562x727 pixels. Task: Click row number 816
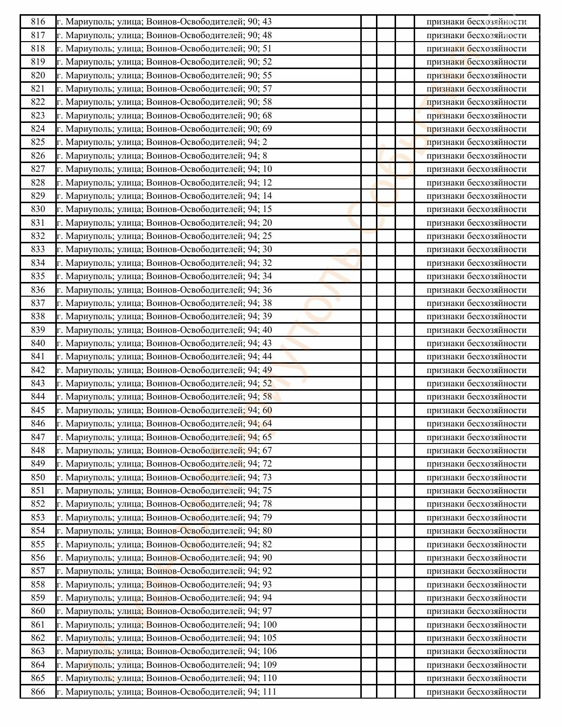tap(38, 22)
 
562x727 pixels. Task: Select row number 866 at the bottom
tap(38, 691)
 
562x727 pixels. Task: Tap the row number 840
tap(38, 343)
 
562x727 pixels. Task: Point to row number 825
tap(38, 142)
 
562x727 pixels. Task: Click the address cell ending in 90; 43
tap(164, 22)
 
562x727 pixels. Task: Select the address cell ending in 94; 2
tap(162, 142)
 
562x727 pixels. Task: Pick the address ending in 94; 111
tap(166, 691)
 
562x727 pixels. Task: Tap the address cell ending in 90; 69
tap(164, 129)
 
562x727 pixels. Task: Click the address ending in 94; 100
tap(166, 625)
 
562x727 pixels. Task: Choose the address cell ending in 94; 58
tap(164, 397)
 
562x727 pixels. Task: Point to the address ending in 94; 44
tap(164, 356)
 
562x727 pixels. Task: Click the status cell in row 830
tap(476, 209)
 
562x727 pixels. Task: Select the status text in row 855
tap(476, 544)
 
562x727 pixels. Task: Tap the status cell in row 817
tap(476, 35)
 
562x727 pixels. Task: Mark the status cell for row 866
tap(476, 691)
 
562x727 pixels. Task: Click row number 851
tap(38, 491)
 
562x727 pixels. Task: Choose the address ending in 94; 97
tap(164, 611)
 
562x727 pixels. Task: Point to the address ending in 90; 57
tap(164, 89)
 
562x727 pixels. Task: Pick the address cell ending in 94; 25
tap(164, 236)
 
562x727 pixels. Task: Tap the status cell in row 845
tap(476, 410)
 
